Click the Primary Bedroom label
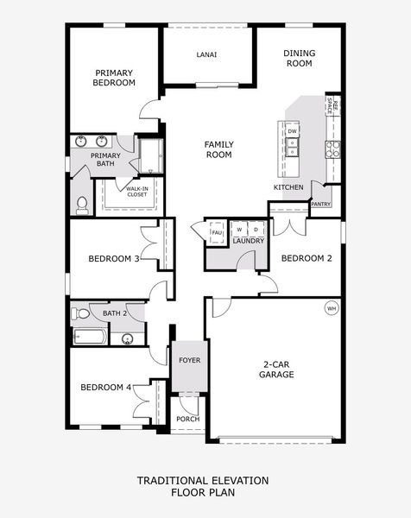116,78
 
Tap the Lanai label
207,54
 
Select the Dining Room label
299,58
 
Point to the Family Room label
218,149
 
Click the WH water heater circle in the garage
332,307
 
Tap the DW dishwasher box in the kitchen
292,131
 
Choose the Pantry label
320,205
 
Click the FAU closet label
217,232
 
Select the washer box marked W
239,230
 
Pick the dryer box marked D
256,230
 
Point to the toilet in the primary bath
83,205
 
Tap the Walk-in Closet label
137,191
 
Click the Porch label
188,419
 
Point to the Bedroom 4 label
105,388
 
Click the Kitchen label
288,187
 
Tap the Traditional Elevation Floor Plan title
204,486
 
